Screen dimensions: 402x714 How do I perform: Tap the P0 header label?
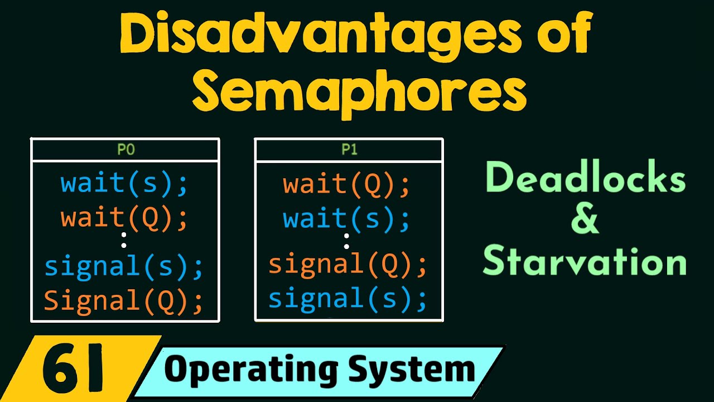point(125,150)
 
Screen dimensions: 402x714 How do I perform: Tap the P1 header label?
point(349,150)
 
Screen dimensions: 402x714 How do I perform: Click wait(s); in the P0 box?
point(124,185)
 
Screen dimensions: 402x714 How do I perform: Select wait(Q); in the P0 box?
point(124,218)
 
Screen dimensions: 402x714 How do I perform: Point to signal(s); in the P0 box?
point(124,267)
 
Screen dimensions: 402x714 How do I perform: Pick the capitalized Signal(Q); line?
point(124,301)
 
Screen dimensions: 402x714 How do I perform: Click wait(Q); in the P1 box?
point(346,185)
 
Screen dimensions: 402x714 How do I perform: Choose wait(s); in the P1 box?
point(346,218)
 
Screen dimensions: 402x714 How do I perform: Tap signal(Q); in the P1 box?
point(348,265)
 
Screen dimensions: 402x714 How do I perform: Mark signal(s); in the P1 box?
point(348,299)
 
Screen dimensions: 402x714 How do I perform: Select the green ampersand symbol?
point(585,220)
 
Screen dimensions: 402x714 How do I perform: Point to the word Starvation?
point(585,261)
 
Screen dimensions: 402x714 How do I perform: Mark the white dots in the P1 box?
point(346,241)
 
